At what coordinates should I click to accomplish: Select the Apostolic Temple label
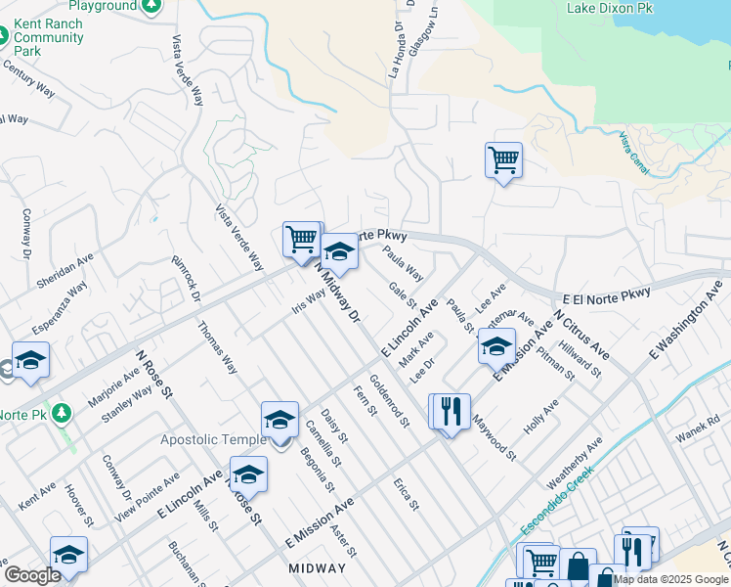point(213,440)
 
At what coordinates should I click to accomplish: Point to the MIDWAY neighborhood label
point(318,567)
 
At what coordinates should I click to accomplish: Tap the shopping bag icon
point(578,565)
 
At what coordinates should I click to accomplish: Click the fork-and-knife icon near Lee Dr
point(451,411)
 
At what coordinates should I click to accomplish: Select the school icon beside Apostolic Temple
point(279,420)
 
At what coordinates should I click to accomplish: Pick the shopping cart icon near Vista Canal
point(503,159)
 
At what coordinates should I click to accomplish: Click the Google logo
point(32,575)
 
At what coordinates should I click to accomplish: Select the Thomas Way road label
point(217,348)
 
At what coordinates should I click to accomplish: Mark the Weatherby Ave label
point(567,465)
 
